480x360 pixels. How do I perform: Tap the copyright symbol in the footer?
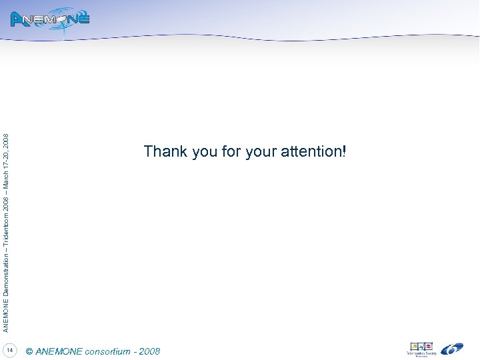tap(29, 351)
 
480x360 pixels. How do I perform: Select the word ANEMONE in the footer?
tap(59, 351)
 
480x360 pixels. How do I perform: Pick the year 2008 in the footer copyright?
tap(149, 351)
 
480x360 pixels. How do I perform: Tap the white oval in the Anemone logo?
tap(65, 19)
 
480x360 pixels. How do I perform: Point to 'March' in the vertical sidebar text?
tap(6, 175)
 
